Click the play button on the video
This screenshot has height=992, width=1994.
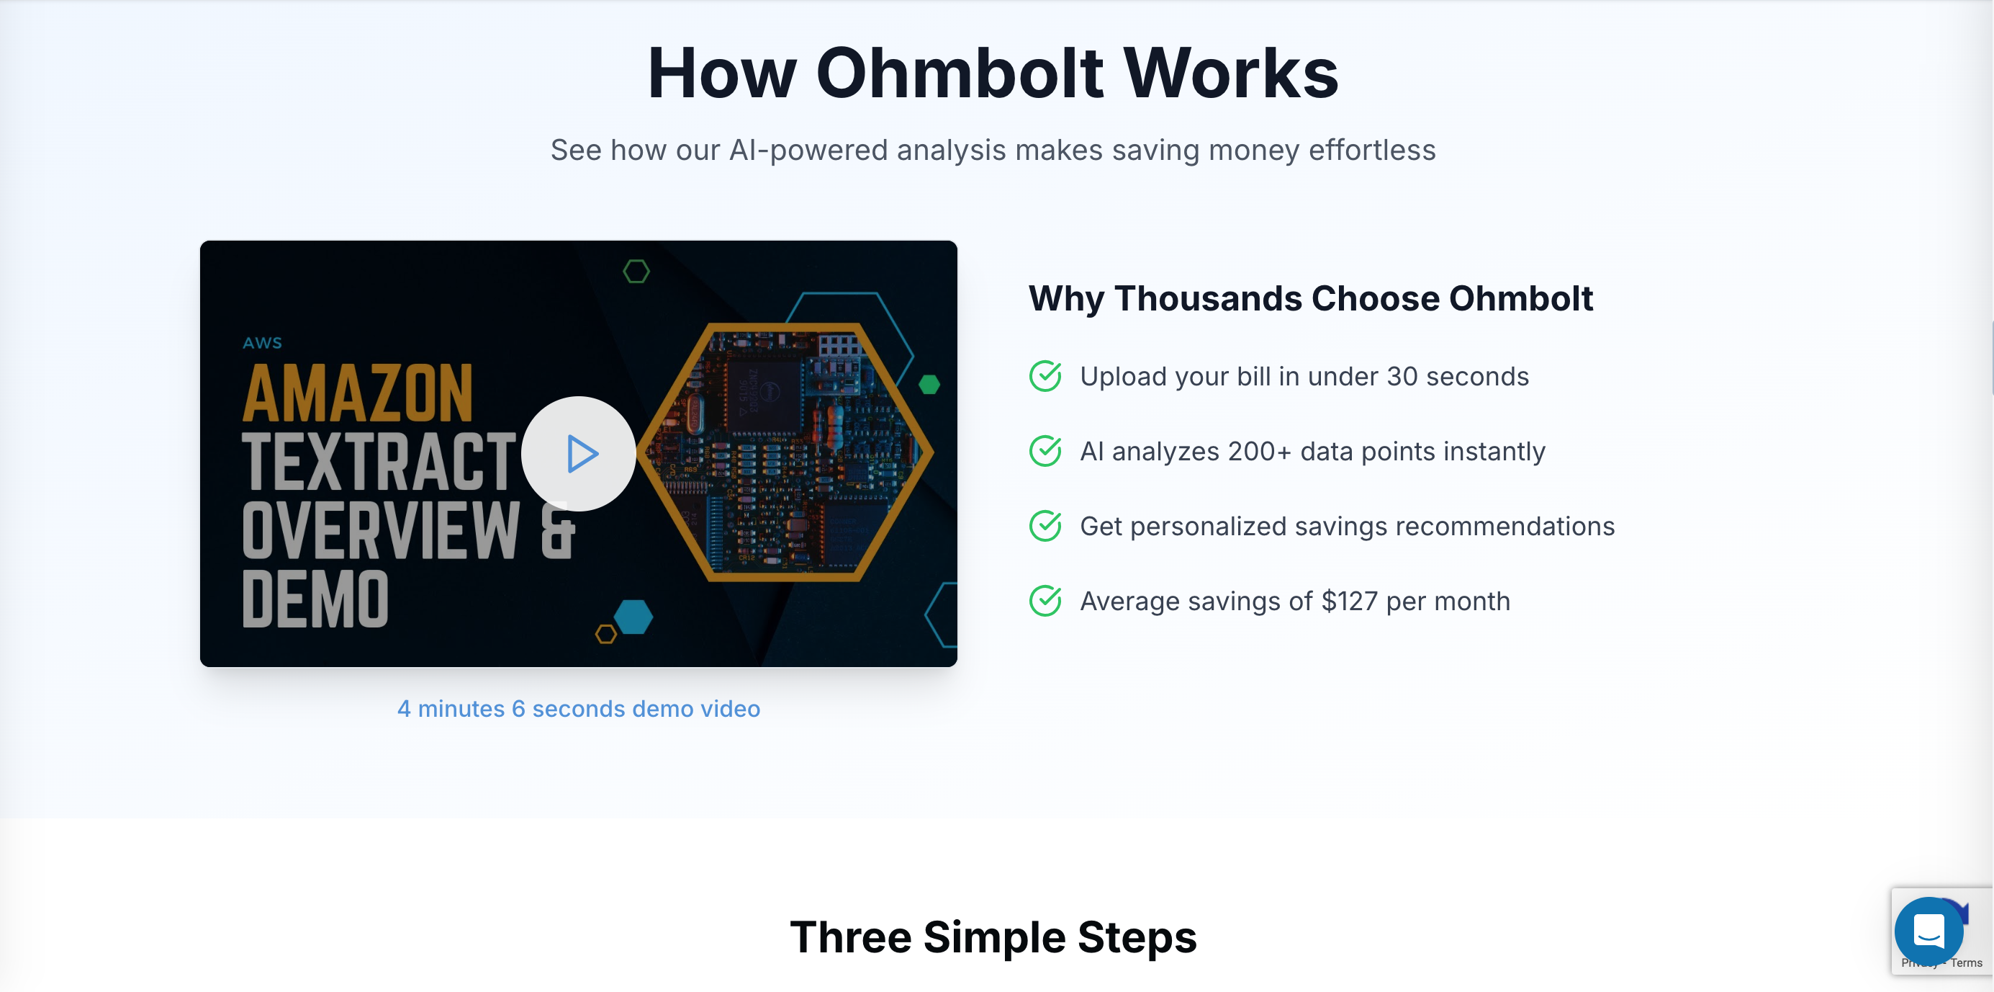579,454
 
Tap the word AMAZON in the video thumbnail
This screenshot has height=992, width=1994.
358,393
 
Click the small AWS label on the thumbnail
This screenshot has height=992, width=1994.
263,343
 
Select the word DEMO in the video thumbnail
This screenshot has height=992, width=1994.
315,599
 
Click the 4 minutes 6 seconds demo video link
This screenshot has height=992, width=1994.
578,709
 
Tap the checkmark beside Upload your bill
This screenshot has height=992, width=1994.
1045,376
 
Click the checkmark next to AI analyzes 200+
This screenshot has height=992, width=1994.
1045,451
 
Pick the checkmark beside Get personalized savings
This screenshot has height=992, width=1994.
1045,526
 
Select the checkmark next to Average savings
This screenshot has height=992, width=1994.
1045,601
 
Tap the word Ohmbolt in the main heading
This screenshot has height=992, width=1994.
960,73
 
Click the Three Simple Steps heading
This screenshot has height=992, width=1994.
993,937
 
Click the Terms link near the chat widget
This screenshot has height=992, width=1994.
1966,963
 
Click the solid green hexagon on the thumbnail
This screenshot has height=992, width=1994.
929,384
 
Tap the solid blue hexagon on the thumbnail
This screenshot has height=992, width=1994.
634,617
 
